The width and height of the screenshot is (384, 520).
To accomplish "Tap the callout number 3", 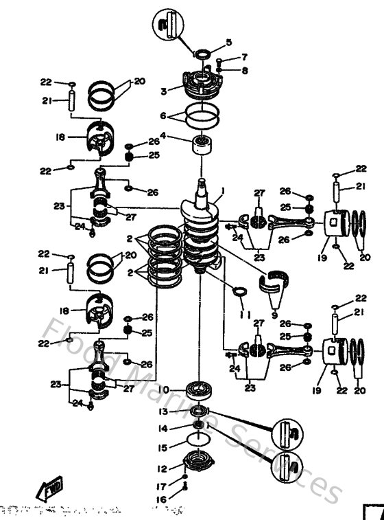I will (164, 91).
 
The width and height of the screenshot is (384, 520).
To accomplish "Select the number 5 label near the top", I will (210, 42).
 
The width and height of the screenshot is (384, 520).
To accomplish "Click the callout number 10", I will (164, 389).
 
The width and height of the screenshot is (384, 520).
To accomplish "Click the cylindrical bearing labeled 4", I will (202, 146).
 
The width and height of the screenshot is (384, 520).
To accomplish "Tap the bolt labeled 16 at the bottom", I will (186, 489).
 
